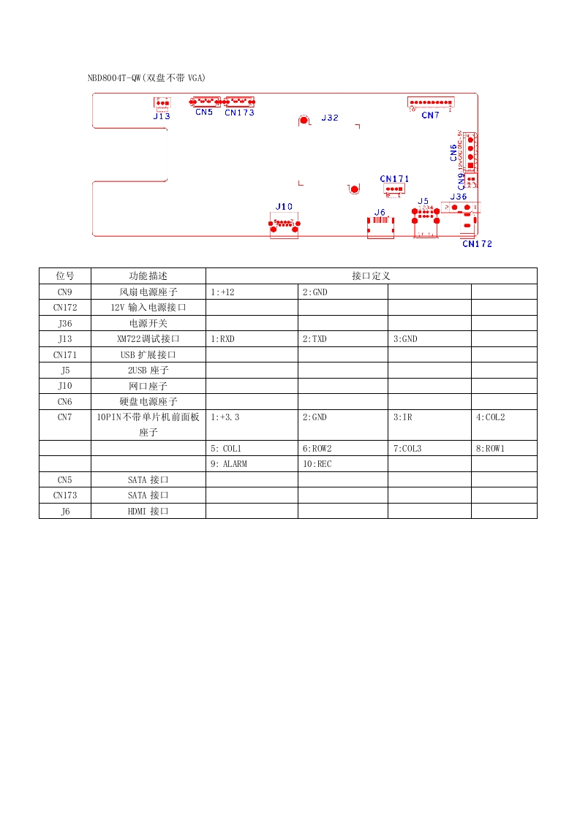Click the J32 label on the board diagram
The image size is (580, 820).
point(330,118)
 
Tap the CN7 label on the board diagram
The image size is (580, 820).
point(430,115)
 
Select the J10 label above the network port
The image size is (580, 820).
point(284,207)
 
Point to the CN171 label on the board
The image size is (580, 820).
point(395,179)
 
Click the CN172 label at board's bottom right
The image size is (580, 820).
point(477,244)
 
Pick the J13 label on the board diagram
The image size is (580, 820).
point(162,115)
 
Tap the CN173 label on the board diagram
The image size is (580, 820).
point(239,113)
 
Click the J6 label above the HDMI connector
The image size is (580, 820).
point(380,212)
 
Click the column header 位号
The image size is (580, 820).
point(65,276)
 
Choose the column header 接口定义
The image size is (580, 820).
point(371,276)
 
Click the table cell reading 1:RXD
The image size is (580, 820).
point(222,339)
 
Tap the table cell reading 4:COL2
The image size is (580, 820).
point(490,417)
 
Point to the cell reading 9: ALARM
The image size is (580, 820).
point(228,464)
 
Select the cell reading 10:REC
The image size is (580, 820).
point(317,464)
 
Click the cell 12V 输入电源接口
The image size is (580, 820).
point(148,308)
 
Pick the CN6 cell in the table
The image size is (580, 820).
point(65,401)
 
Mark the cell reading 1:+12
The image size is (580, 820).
point(222,292)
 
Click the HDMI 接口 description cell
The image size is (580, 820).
point(148,512)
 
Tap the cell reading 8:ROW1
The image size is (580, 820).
point(490,449)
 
